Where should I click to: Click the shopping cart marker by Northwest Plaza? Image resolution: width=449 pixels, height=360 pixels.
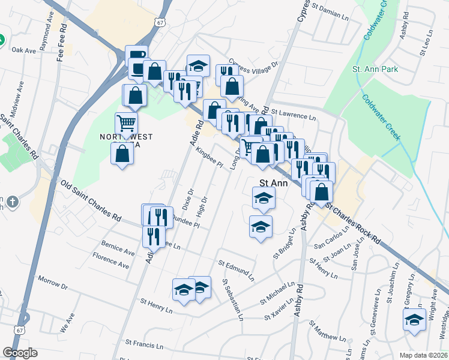coord(127,124)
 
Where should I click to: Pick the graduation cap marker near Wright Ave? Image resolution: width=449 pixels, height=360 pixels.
coord(414,321)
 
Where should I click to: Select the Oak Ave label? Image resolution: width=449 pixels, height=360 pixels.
coord(24,50)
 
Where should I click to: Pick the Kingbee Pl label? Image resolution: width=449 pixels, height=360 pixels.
coord(209,157)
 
